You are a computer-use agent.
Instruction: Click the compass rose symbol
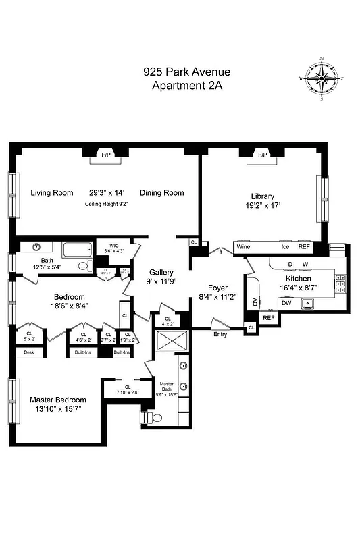click(322, 80)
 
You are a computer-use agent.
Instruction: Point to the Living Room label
click(52, 193)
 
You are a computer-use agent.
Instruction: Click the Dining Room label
click(162, 193)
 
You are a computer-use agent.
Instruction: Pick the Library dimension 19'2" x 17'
click(262, 209)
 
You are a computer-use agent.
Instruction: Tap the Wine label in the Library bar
click(243, 247)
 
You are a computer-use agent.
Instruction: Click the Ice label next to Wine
click(286, 247)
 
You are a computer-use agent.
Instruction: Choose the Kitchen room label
click(298, 278)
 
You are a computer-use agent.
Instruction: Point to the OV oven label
click(255, 302)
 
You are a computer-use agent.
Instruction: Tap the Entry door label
click(220, 334)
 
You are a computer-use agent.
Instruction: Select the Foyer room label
click(209, 288)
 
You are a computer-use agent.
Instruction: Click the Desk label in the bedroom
click(28, 352)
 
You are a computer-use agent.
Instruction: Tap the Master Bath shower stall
click(172, 342)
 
